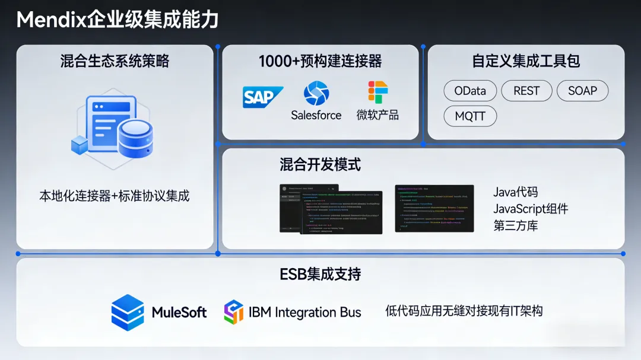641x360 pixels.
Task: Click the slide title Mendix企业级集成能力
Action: point(118,20)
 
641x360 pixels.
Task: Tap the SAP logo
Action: point(262,97)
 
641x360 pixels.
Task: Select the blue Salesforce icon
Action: point(316,93)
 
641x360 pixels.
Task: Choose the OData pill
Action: point(470,91)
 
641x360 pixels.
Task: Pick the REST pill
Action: point(526,91)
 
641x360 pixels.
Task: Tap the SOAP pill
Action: point(582,91)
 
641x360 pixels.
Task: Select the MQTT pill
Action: point(470,116)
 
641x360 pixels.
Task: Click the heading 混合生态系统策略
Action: point(115,61)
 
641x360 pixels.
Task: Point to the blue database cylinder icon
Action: point(136,136)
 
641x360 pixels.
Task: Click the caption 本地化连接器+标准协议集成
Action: point(115,196)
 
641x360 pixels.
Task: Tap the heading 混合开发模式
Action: point(320,164)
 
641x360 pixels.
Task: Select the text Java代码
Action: point(515,192)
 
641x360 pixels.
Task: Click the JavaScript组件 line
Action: point(531,209)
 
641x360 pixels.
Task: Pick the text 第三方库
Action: point(515,225)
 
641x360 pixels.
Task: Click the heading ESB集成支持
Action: point(320,274)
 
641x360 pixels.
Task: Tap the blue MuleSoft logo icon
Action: point(128,313)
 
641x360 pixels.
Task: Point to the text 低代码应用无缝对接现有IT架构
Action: point(464,311)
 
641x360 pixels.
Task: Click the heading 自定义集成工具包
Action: point(526,61)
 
